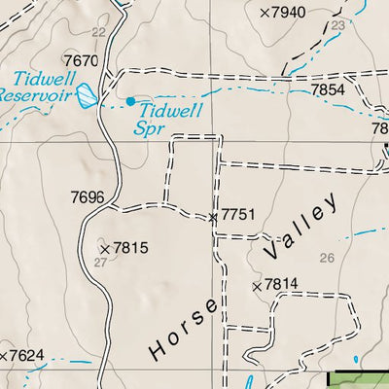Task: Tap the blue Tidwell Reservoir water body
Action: pyautogui.click(x=88, y=95)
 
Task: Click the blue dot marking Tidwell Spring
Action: pyautogui.click(x=130, y=100)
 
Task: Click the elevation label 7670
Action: pyautogui.click(x=81, y=60)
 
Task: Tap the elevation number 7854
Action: pyautogui.click(x=328, y=89)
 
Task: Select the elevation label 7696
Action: pyautogui.click(x=88, y=197)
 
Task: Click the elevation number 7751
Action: pyautogui.click(x=237, y=214)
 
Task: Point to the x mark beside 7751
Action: pyautogui.click(x=214, y=217)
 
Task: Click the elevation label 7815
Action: pyautogui.click(x=130, y=248)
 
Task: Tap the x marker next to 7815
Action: pyautogui.click(x=105, y=249)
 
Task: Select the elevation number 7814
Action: pyautogui.click(x=280, y=285)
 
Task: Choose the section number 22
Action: pyautogui.click(x=97, y=32)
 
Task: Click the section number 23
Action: pyautogui.click(x=337, y=24)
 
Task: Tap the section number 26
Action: pyautogui.click(x=326, y=258)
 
